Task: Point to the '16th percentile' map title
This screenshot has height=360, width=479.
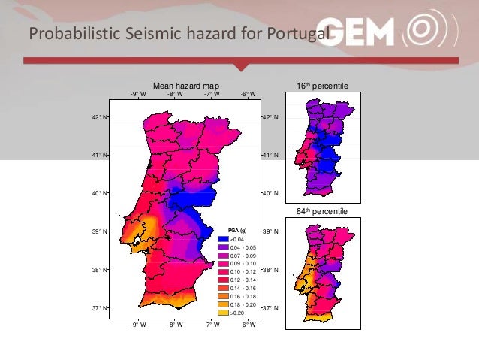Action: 323,86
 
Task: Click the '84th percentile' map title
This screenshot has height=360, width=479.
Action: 322,212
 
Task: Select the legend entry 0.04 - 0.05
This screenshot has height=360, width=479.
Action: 243,247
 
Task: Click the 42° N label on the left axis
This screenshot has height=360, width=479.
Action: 99,118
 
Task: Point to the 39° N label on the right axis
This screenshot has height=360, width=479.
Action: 270,231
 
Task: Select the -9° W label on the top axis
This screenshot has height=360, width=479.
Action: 138,95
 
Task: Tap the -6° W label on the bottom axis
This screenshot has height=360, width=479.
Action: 248,325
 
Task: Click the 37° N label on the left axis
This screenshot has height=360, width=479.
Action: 99,308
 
